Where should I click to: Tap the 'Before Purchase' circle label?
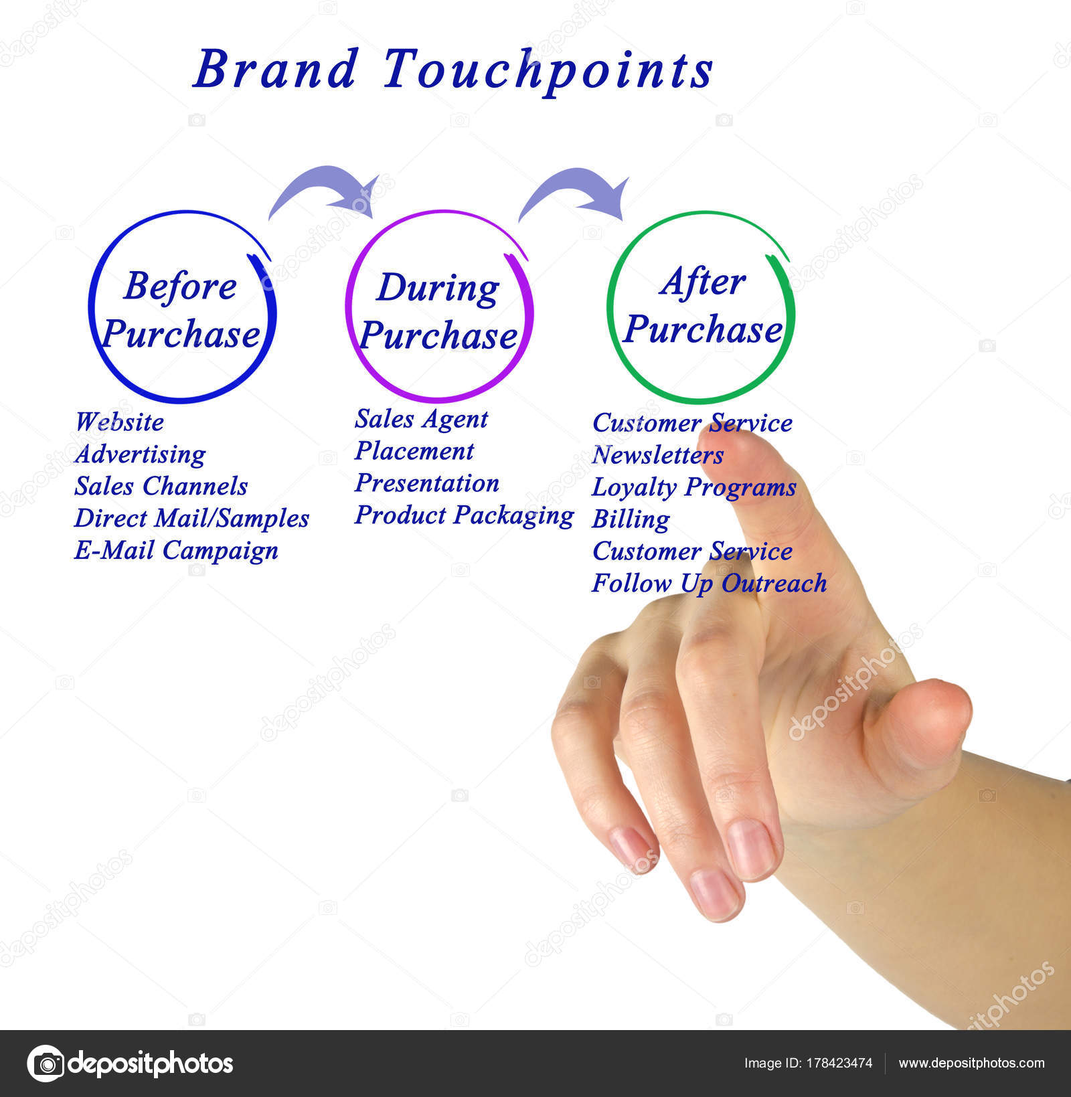click(181, 309)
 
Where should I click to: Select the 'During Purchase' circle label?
click(438, 311)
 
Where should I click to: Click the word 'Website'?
click(119, 422)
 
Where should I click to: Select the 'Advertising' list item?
click(140, 454)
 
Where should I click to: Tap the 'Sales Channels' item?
click(161, 487)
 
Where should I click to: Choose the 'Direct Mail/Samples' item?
click(191, 519)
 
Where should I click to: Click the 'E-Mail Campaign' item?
click(176, 551)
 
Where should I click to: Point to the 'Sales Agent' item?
click(421, 420)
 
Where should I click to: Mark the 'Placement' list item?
click(414, 451)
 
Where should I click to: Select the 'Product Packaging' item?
click(464, 515)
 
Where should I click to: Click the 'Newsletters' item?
click(657, 455)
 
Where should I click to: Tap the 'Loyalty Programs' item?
click(693, 487)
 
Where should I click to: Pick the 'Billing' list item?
click(631, 519)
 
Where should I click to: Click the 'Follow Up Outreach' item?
click(709, 583)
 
